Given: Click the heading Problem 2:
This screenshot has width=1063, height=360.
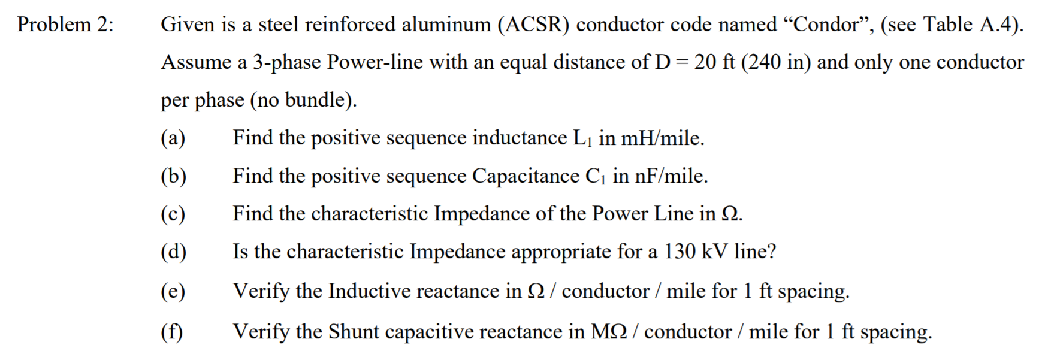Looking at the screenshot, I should click(x=65, y=25).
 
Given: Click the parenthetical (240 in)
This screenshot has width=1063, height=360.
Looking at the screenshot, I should click(x=776, y=62).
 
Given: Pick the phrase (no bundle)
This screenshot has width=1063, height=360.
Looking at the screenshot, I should click(x=303, y=100).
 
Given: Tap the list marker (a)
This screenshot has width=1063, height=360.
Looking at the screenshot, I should click(x=173, y=138).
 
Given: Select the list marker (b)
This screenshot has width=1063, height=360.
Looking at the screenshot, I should click(x=173, y=176).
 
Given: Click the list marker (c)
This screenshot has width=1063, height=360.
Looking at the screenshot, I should click(x=173, y=214).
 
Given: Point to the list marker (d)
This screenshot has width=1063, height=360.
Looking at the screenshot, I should click(x=173, y=252).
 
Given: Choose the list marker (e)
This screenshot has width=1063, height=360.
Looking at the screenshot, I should click(x=173, y=291).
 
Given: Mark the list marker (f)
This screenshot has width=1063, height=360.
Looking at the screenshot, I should click(x=172, y=331).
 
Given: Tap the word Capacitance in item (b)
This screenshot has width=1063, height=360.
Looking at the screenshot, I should click(x=526, y=176).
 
